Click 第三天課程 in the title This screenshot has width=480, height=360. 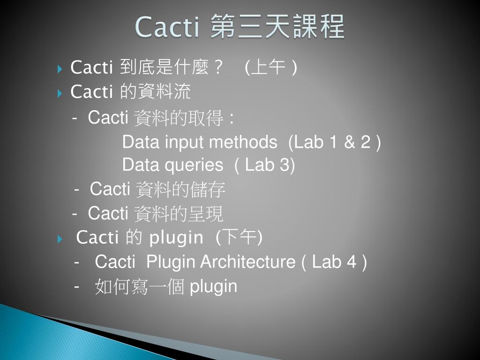(277, 27)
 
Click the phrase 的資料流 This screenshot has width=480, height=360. (156, 92)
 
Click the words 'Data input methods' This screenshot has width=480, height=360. (199, 142)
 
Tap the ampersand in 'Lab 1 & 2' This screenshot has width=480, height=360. (350, 142)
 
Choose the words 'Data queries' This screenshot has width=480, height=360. (172, 165)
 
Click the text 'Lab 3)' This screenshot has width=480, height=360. (270, 165)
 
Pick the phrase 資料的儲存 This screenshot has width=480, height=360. (180, 189)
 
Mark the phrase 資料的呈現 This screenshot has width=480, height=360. (179, 214)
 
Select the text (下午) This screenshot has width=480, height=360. (239, 238)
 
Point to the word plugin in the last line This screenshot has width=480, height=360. (213, 286)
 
